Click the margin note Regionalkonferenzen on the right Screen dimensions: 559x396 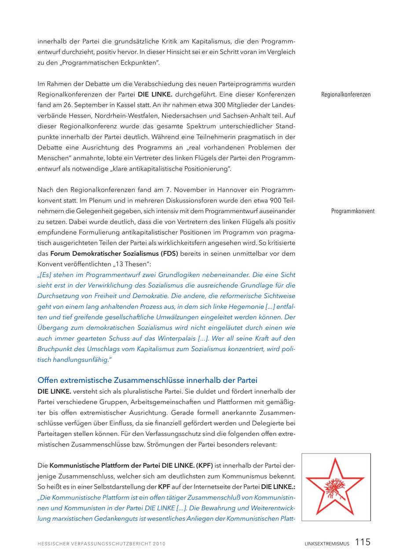pyautogui.click(x=345, y=94)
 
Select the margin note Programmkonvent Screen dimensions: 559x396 pyautogui.click(x=352, y=211)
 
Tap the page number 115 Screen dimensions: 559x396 pyautogui.click(x=363, y=542)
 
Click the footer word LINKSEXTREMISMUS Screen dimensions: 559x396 pyautogui.click(x=327, y=544)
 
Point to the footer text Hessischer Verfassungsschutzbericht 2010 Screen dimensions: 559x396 pyautogui.click(x=101, y=544)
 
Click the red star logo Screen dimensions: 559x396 pyautogui.click(x=336, y=486)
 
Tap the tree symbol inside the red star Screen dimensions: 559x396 pyautogui.click(x=335, y=488)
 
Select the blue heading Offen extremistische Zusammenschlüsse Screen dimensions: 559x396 pyautogui.click(x=147, y=380)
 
